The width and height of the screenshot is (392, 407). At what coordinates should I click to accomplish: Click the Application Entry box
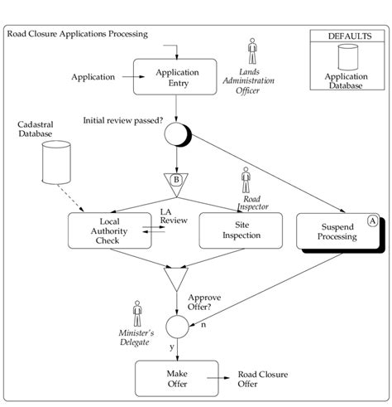[173, 78]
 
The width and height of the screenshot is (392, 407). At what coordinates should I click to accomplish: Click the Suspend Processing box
[337, 230]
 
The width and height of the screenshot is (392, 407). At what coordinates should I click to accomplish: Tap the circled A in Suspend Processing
[372, 220]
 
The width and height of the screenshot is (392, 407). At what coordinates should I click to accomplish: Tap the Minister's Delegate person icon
[137, 313]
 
